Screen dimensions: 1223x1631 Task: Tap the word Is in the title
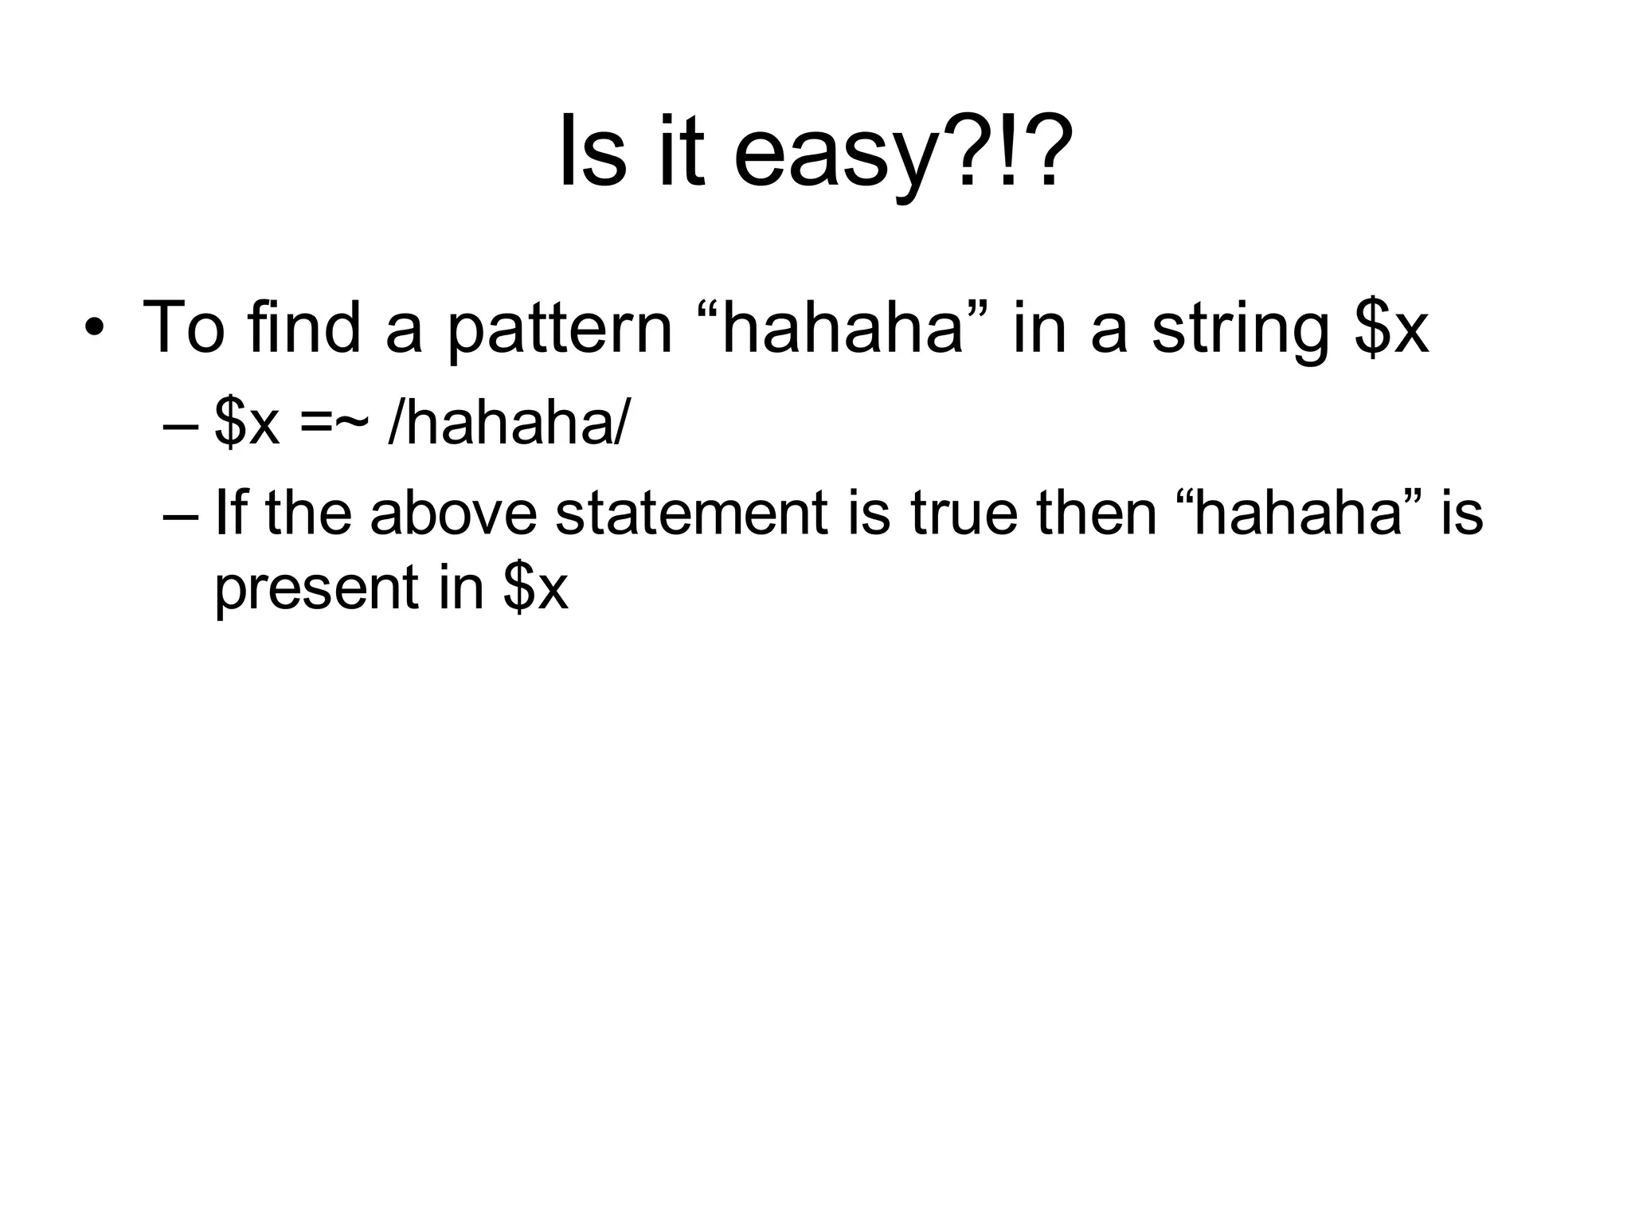(x=593, y=151)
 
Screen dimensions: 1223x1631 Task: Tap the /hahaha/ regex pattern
(x=508, y=422)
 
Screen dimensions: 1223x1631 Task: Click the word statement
(x=691, y=513)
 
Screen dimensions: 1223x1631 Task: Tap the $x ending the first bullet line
(x=1390, y=328)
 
